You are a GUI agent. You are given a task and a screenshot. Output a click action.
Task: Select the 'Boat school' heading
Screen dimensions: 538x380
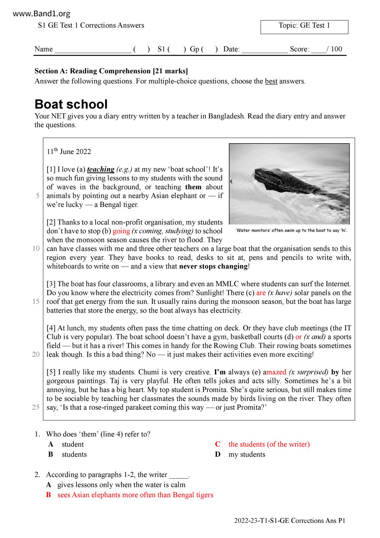pos(71,104)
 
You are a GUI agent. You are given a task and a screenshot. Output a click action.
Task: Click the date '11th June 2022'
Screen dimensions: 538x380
pos(69,152)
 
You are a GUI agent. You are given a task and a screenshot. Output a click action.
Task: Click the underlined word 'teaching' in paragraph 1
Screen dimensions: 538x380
pos(101,169)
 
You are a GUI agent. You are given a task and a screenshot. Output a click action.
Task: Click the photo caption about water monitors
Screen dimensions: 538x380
pos(291,231)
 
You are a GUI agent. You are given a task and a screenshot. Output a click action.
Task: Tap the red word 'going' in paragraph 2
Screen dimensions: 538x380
pos(121,231)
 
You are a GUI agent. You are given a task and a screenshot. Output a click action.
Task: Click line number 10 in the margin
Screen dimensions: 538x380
pos(36,248)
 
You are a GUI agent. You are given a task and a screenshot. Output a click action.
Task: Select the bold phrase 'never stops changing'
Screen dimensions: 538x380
pos(213,266)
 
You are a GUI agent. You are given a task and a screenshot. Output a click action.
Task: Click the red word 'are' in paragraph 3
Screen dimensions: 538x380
pos(261,293)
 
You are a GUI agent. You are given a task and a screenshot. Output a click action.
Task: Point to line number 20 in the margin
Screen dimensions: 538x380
pos(36,354)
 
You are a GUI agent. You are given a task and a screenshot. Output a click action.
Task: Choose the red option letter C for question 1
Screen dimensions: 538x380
pos(218,444)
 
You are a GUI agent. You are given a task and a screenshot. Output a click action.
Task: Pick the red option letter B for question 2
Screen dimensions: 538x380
pos(48,495)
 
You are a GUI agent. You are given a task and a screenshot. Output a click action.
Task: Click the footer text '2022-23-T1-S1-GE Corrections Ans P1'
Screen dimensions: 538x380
pos(290,521)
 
